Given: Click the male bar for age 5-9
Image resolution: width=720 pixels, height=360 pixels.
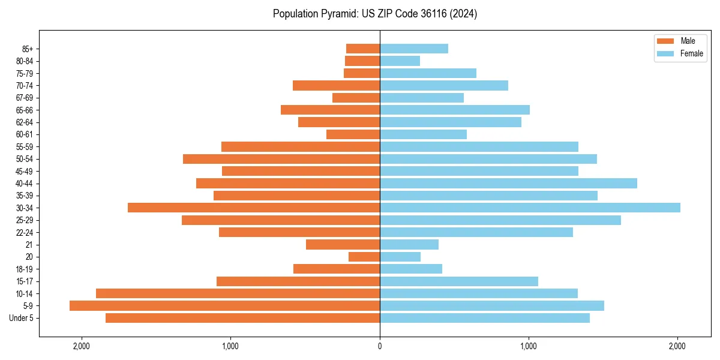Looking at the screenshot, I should (x=224, y=305).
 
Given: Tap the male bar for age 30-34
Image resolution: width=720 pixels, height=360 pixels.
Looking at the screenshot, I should (x=254, y=208).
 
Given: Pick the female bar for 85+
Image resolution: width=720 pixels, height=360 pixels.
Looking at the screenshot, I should (x=414, y=49).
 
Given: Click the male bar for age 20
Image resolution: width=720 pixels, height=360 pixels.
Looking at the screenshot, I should (x=364, y=257).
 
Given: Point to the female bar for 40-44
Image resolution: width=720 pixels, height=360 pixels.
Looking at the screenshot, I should (x=508, y=183).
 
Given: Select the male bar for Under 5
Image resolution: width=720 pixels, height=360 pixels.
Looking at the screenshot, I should (x=242, y=318).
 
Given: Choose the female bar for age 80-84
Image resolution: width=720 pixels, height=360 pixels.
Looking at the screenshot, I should (x=400, y=61).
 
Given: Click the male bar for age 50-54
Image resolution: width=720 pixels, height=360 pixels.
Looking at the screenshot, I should (x=281, y=159).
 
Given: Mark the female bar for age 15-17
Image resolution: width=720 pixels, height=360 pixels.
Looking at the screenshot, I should (x=459, y=281).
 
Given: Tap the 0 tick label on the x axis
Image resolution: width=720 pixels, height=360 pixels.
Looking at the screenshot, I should (x=380, y=346).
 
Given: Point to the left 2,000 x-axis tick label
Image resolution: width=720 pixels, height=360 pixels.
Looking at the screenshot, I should (x=81, y=346).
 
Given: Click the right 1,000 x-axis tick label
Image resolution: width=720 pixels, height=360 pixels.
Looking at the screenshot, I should (x=529, y=346).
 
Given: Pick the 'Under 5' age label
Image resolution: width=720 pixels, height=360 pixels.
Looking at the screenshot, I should (x=21, y=318).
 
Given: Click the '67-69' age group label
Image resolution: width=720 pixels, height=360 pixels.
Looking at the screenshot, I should (x=25, y=98).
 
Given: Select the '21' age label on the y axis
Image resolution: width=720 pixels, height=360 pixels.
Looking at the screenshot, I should (x=29, y=245).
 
